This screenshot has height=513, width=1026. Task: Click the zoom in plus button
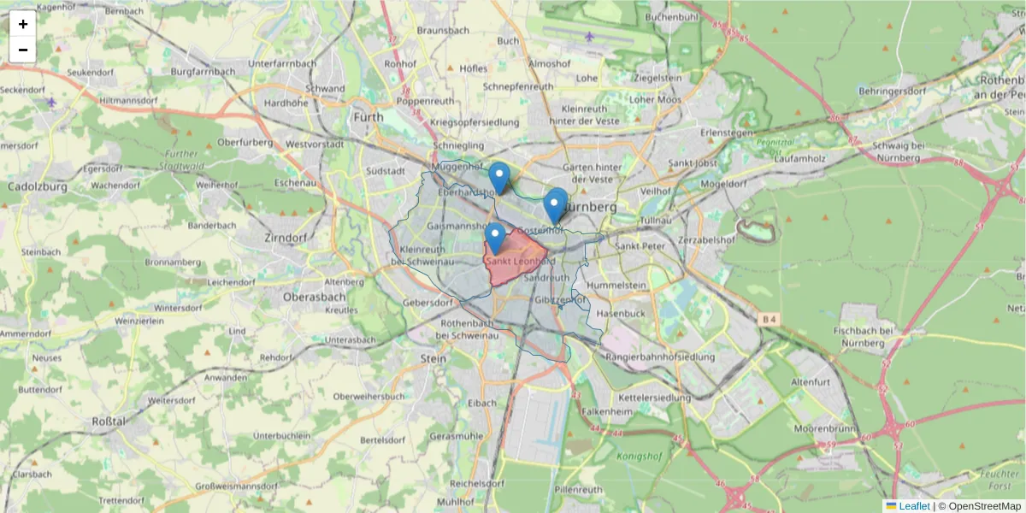(x=23, y=24)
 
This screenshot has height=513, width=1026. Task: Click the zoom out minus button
(x=23, y=50)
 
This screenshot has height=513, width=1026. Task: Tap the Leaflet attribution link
(x=913, y=505)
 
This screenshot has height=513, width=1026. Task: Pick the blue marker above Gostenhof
(x=556, y=205)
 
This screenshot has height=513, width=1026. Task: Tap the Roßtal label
(x=109, y=422)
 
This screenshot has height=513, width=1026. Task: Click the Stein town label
(x=433, y=359)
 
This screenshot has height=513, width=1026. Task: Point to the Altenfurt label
(x=811, y=381)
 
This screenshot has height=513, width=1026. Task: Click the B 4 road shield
(x=769, y=320)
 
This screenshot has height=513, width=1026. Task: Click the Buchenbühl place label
(x=673, y=16)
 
